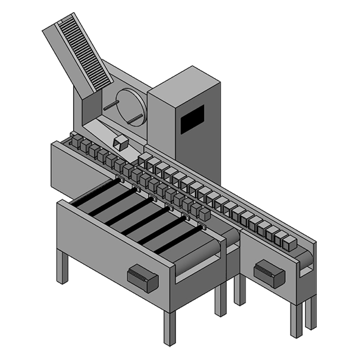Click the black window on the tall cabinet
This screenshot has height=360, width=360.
pos(192,119)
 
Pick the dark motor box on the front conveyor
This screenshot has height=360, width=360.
pos(143,279)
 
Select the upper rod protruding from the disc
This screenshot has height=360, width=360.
pos(110,105)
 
